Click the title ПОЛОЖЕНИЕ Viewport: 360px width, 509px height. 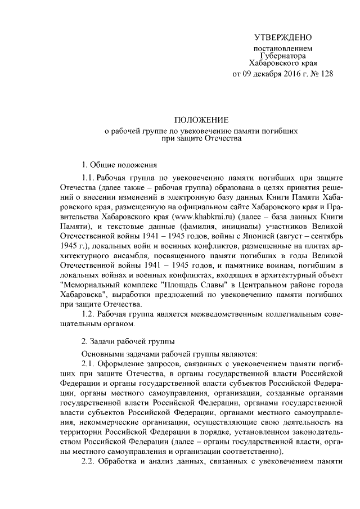[x=201, y=120]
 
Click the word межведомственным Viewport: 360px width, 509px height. [x=211, y=313]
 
